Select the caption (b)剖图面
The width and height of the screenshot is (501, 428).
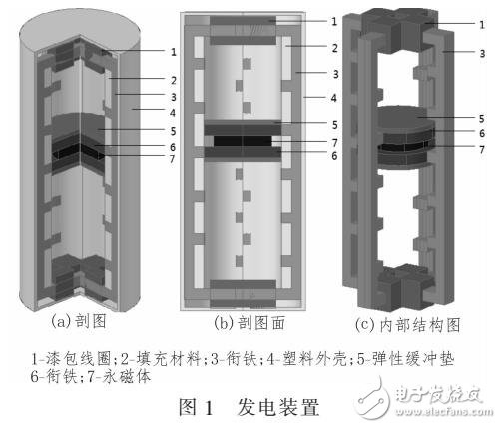point(247,322)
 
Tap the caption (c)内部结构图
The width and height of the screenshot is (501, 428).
point(403,322)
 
